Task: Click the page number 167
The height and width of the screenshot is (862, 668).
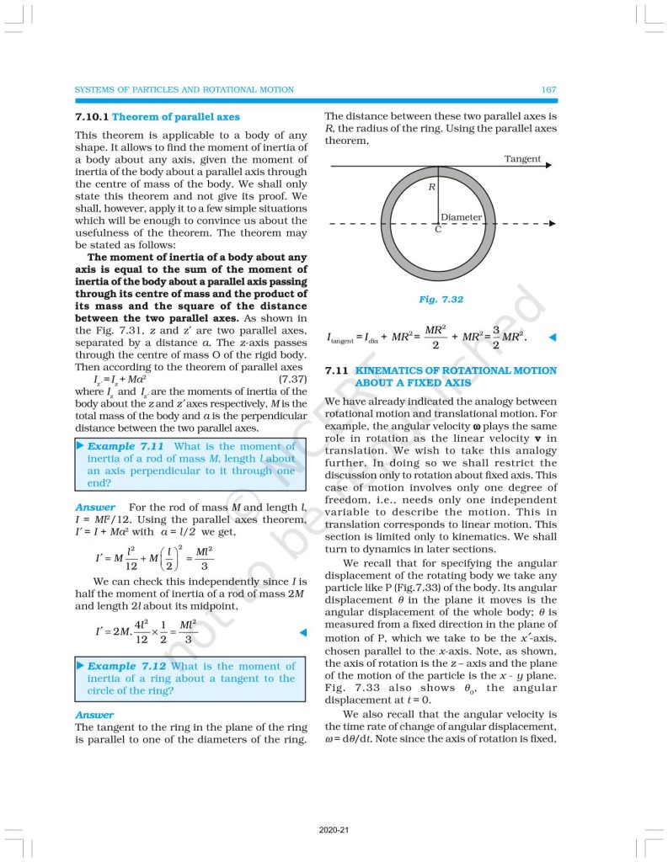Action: tap(548, 89)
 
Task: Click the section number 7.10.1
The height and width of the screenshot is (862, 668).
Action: tap(92, 117)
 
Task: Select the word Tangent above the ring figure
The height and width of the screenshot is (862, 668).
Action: tap(522, 159)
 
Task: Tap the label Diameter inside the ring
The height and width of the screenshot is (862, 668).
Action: tap(461, 217)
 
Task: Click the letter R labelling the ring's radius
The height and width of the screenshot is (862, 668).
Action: tap(431, 187)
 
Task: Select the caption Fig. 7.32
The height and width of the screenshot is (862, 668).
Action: tap(441, 299)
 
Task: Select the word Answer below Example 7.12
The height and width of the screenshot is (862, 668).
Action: tap(94, 715)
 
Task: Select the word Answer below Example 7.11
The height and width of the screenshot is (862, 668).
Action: tap(94, 507)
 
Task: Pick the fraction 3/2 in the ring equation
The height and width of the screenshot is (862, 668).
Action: tap(497, 337)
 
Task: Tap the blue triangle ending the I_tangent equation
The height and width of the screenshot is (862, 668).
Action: tap(553, 338)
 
